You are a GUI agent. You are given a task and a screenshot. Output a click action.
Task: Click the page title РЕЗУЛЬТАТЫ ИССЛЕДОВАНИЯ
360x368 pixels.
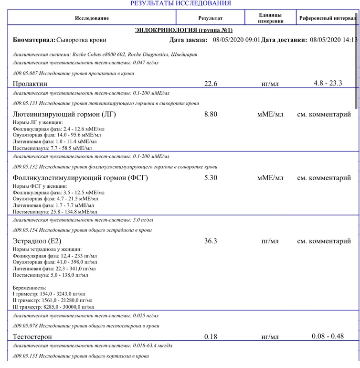(x=180, y=3)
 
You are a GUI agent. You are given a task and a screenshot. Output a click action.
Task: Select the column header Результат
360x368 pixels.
(x=210, y=18)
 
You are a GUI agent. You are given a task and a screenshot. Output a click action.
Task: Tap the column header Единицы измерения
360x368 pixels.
(x=270, y=18)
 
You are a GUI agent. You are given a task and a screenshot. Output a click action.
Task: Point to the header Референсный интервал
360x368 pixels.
(x=327, y=18)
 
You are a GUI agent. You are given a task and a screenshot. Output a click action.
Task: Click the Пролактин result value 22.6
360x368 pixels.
(x=211, y=84)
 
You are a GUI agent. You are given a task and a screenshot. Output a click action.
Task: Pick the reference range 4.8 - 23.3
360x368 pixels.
(x=328, y=83)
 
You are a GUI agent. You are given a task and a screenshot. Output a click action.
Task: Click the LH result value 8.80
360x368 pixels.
(x=211, y=114)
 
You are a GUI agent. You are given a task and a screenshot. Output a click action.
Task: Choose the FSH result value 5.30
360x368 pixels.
(x=211, y=178)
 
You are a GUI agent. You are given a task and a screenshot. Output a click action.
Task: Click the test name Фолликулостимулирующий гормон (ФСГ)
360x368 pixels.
(x=80, y=178)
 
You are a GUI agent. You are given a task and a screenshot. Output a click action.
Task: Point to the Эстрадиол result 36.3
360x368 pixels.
(x=211, y=241)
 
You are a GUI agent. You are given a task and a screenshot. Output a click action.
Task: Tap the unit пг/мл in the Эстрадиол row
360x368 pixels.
(x=270, y=241)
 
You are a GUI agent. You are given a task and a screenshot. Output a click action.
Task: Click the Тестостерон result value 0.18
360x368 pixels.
(x=211, y=336)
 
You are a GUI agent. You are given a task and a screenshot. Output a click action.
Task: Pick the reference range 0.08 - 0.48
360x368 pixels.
(x=328, y=336)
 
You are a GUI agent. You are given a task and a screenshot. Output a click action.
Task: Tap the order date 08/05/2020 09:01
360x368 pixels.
(x=236, y=40)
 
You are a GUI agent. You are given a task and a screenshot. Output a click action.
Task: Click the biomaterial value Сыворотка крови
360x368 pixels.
(x=81, y=40)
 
